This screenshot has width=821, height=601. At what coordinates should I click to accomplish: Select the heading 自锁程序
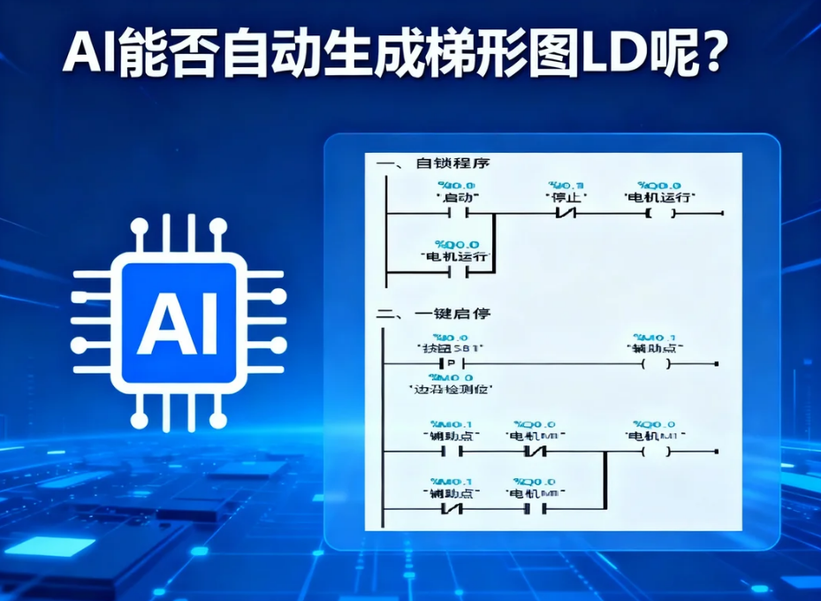(451, 164)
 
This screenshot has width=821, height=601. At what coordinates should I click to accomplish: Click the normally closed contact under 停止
(566, 214)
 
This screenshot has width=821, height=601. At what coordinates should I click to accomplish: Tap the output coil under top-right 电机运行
(661, 214)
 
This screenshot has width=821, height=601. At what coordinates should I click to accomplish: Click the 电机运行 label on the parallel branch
(458, 256)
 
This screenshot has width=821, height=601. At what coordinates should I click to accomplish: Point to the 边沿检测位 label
(452, 388)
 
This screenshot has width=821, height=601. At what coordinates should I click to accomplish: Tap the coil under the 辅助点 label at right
(656, 364)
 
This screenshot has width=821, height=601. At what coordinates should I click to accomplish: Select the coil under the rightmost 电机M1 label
(656, 453)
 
